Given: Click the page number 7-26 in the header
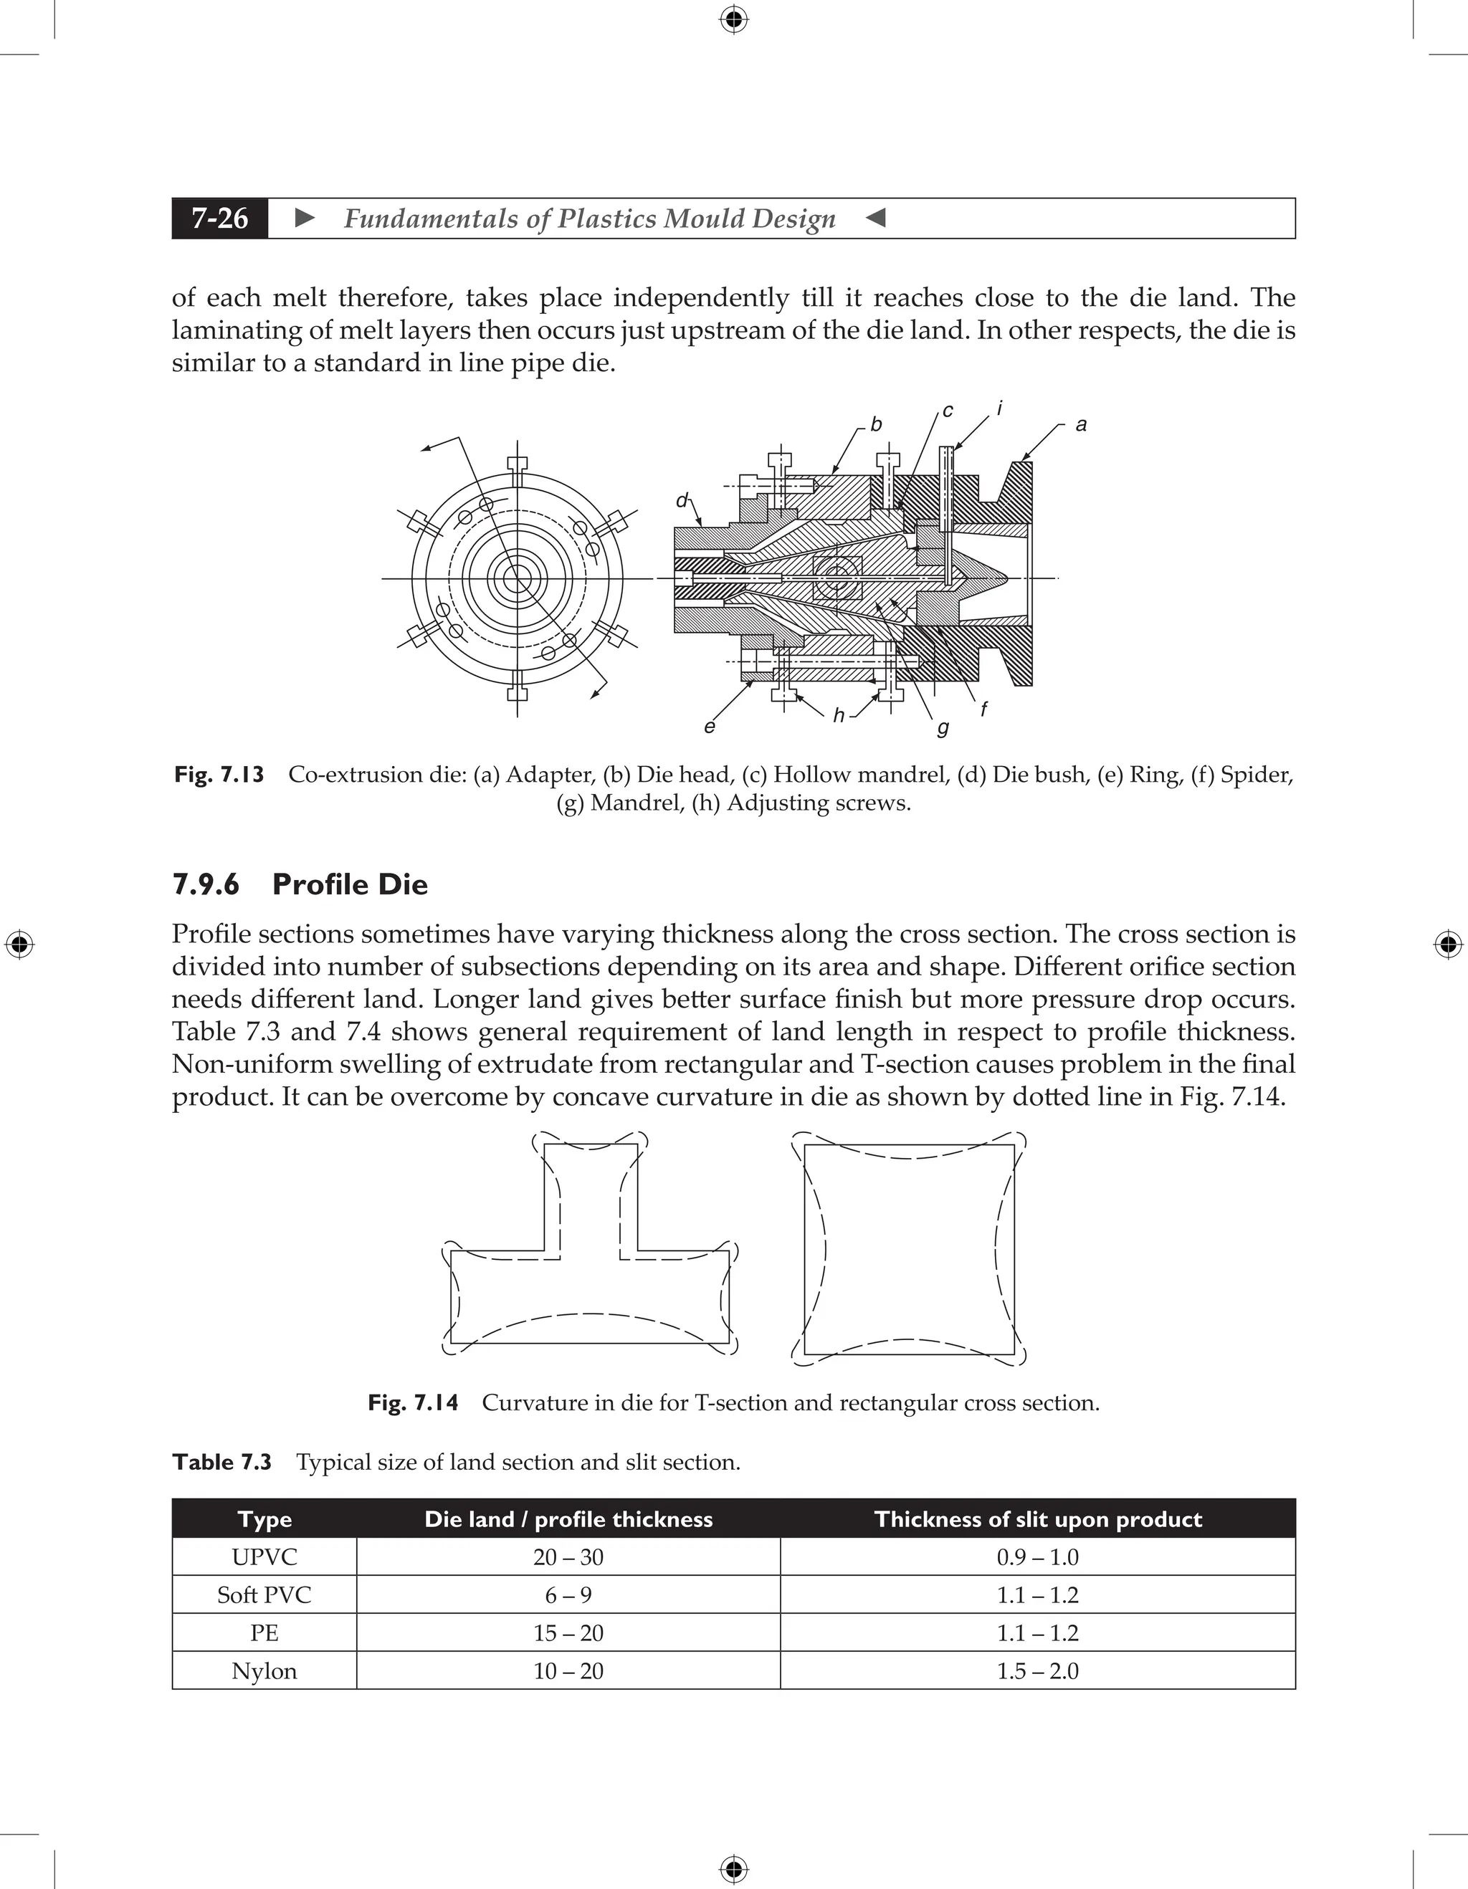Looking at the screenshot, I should pyautogui.click(x=220, y=218).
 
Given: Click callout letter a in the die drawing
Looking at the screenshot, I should pyautogui.click(x=1080, y=425).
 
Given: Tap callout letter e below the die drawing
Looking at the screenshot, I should pyautogui.click(x=710, y=727).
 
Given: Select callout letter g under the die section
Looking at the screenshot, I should pyautogui.click(x=943, y=728).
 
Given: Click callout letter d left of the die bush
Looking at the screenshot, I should pyautogui.click(x=682, y=501).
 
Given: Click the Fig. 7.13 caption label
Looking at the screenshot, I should pyautogui.click(x=219, y=774).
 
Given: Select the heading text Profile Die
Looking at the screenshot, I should pyautogui.click(x=350, y=884).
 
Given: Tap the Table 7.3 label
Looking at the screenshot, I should pyautogui.click(x=221, y=1462).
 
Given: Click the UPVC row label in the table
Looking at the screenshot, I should pyautogui.click(x=264, y=1557).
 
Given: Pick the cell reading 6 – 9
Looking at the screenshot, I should pyautogui.click(x=568, y=1595).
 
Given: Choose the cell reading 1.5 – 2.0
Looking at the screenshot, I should pyautogui.click(x=1037, y=1671).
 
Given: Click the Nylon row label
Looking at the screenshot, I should pyautogui.click(x=264, y=1671).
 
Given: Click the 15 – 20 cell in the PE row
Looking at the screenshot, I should pyautogui.click(x=568, y=1633).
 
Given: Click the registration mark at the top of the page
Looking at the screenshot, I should pyautogui.click(x=733, y=19).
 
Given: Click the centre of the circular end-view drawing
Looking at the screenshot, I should pyautogui.click(x=518, y=578).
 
